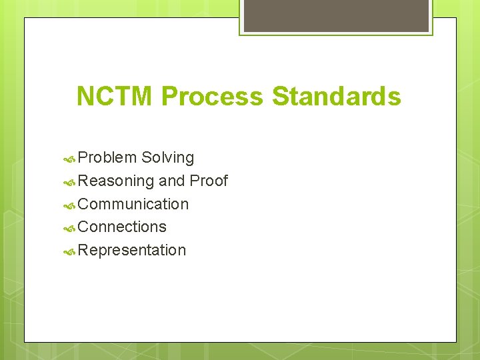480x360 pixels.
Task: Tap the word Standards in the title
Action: (337, 97)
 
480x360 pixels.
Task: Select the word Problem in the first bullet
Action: (107, 158)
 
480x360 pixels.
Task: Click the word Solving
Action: (168, 158)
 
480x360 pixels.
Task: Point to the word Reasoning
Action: (116, 181)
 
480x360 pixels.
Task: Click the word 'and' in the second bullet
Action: (172, 181)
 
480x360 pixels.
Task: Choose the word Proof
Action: (209, 181)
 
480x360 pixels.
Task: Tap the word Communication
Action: (133, 204)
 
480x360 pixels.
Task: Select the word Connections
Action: (122, 227)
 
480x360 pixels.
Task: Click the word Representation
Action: (132, 251)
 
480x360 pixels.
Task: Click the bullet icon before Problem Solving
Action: (69, 159)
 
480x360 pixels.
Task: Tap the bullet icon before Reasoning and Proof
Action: (69, 182)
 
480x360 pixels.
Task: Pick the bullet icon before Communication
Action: (69, 205)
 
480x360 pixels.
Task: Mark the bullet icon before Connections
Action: (69, 228)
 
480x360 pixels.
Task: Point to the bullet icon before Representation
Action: (69, 251)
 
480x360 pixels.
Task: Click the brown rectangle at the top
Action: (336, 15)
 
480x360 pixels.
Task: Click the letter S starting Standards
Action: (279, 97)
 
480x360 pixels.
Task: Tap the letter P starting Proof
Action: (195, 181)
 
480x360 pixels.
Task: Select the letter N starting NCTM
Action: (85, 97)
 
